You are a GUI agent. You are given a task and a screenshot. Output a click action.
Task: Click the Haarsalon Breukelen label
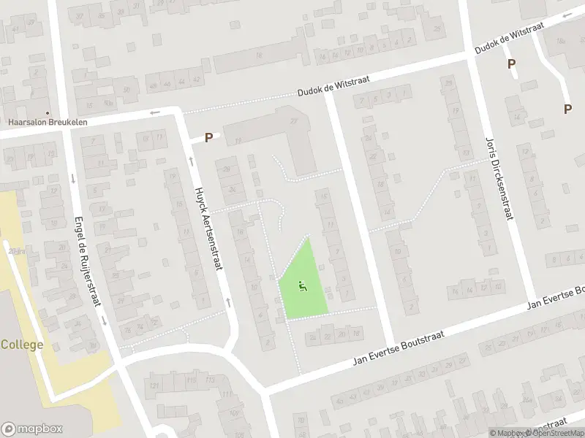tap(48, 122)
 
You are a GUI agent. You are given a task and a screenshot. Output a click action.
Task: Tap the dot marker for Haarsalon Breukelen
tap(48, 113)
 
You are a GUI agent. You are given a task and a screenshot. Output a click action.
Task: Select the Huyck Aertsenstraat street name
tap(207, 228)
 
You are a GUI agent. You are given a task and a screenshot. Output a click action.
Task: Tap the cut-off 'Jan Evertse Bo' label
tap(556, 296)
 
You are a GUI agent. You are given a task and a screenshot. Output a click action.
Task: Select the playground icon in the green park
tap(302, 286)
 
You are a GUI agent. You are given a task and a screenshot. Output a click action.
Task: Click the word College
tap(22, 345)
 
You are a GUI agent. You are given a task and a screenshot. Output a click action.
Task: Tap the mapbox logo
tap(31, 429)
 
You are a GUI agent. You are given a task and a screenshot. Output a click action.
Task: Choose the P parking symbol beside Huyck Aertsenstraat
tap(208, 137)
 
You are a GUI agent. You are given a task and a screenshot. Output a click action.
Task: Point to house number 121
tap(154, 385)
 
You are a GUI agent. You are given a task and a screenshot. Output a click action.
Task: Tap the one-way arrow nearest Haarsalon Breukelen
tap(154, 113)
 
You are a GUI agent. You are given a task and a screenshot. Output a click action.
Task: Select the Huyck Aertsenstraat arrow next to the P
tap(192, 161)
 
